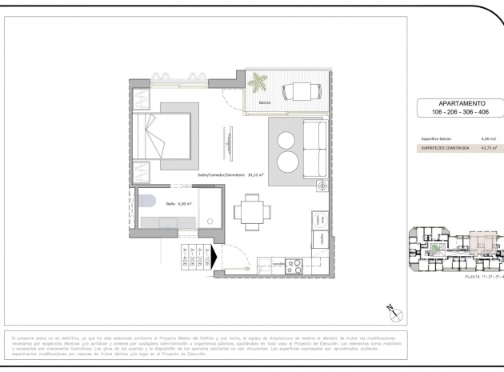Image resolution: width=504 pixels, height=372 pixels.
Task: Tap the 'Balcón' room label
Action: coord(264,103)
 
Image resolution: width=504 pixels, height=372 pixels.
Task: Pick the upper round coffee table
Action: coord(286,141)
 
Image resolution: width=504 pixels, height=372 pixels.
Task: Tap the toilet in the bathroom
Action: coord(145,202)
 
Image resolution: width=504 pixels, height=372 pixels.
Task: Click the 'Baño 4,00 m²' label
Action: coord(179,204)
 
